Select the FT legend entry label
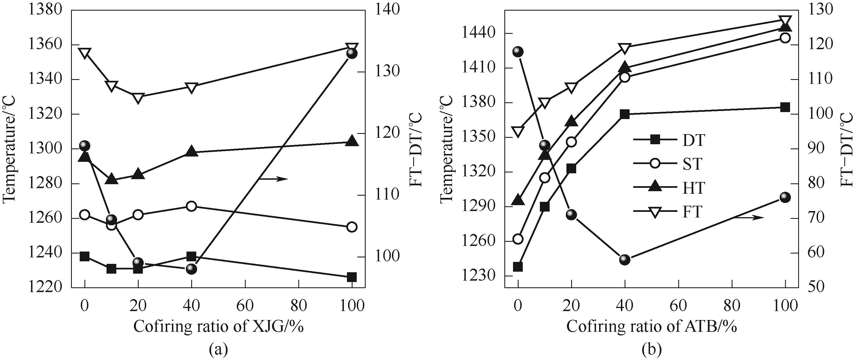(692, 212)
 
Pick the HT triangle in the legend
(655, 187)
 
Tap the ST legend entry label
(692, 164)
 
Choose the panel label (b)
(651, 350)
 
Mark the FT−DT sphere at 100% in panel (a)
(352, 54)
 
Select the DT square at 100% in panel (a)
(352, 277)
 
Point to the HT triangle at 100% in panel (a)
(352, 141)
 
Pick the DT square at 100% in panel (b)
(785, 107)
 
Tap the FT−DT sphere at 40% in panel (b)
(625, 259)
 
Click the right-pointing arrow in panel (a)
(273, 179)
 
